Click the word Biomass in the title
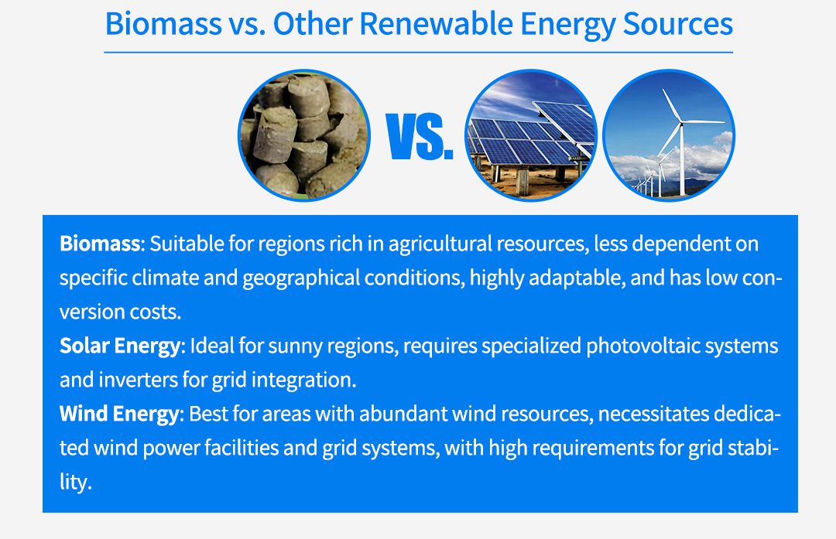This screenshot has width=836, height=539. (163, 24)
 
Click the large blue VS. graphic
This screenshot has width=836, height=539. (419, 136)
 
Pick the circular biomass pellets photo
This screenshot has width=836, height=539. (304, 135)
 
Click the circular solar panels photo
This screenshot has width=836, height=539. (530, 135)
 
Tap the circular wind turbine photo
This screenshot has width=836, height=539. (669, 135)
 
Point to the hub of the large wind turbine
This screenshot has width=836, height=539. (681, 122)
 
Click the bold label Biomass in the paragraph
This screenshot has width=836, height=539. (100, 244)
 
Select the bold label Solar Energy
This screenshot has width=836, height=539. (120, 346)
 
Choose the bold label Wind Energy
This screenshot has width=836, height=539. (119, 414)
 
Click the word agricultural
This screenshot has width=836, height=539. (440, 244)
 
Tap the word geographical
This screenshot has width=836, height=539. (301, 278)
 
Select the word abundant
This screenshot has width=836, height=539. (403, 414)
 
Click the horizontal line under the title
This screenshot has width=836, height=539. (419, 53)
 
